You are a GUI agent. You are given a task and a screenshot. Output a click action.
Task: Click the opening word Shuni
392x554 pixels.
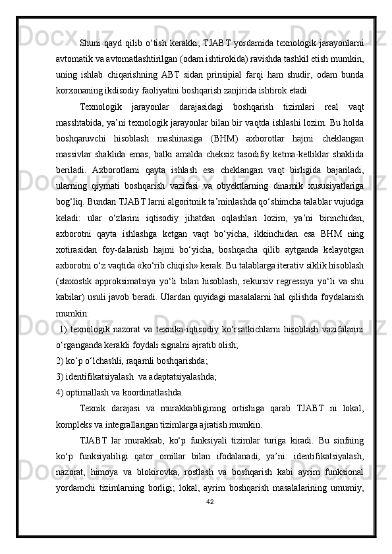90,44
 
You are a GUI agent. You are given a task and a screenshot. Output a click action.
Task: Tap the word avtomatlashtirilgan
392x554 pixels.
132,60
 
